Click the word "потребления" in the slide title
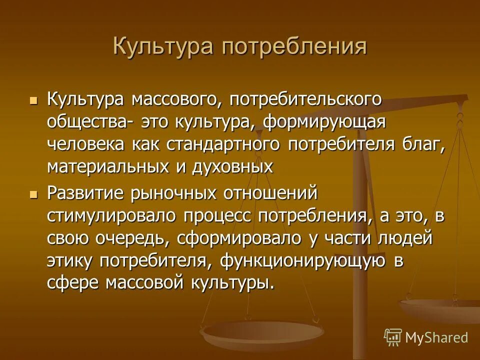(294, 47)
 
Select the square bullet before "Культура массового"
(34, 100)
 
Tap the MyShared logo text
(436, 337)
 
